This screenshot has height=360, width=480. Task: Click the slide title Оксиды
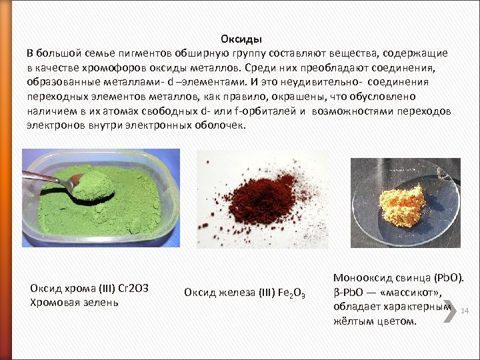point(241,39)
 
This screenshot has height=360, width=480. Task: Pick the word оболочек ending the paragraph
point(221,125)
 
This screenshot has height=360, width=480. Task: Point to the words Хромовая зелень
point(74,302)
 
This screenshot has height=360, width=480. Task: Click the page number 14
point(465,311)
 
